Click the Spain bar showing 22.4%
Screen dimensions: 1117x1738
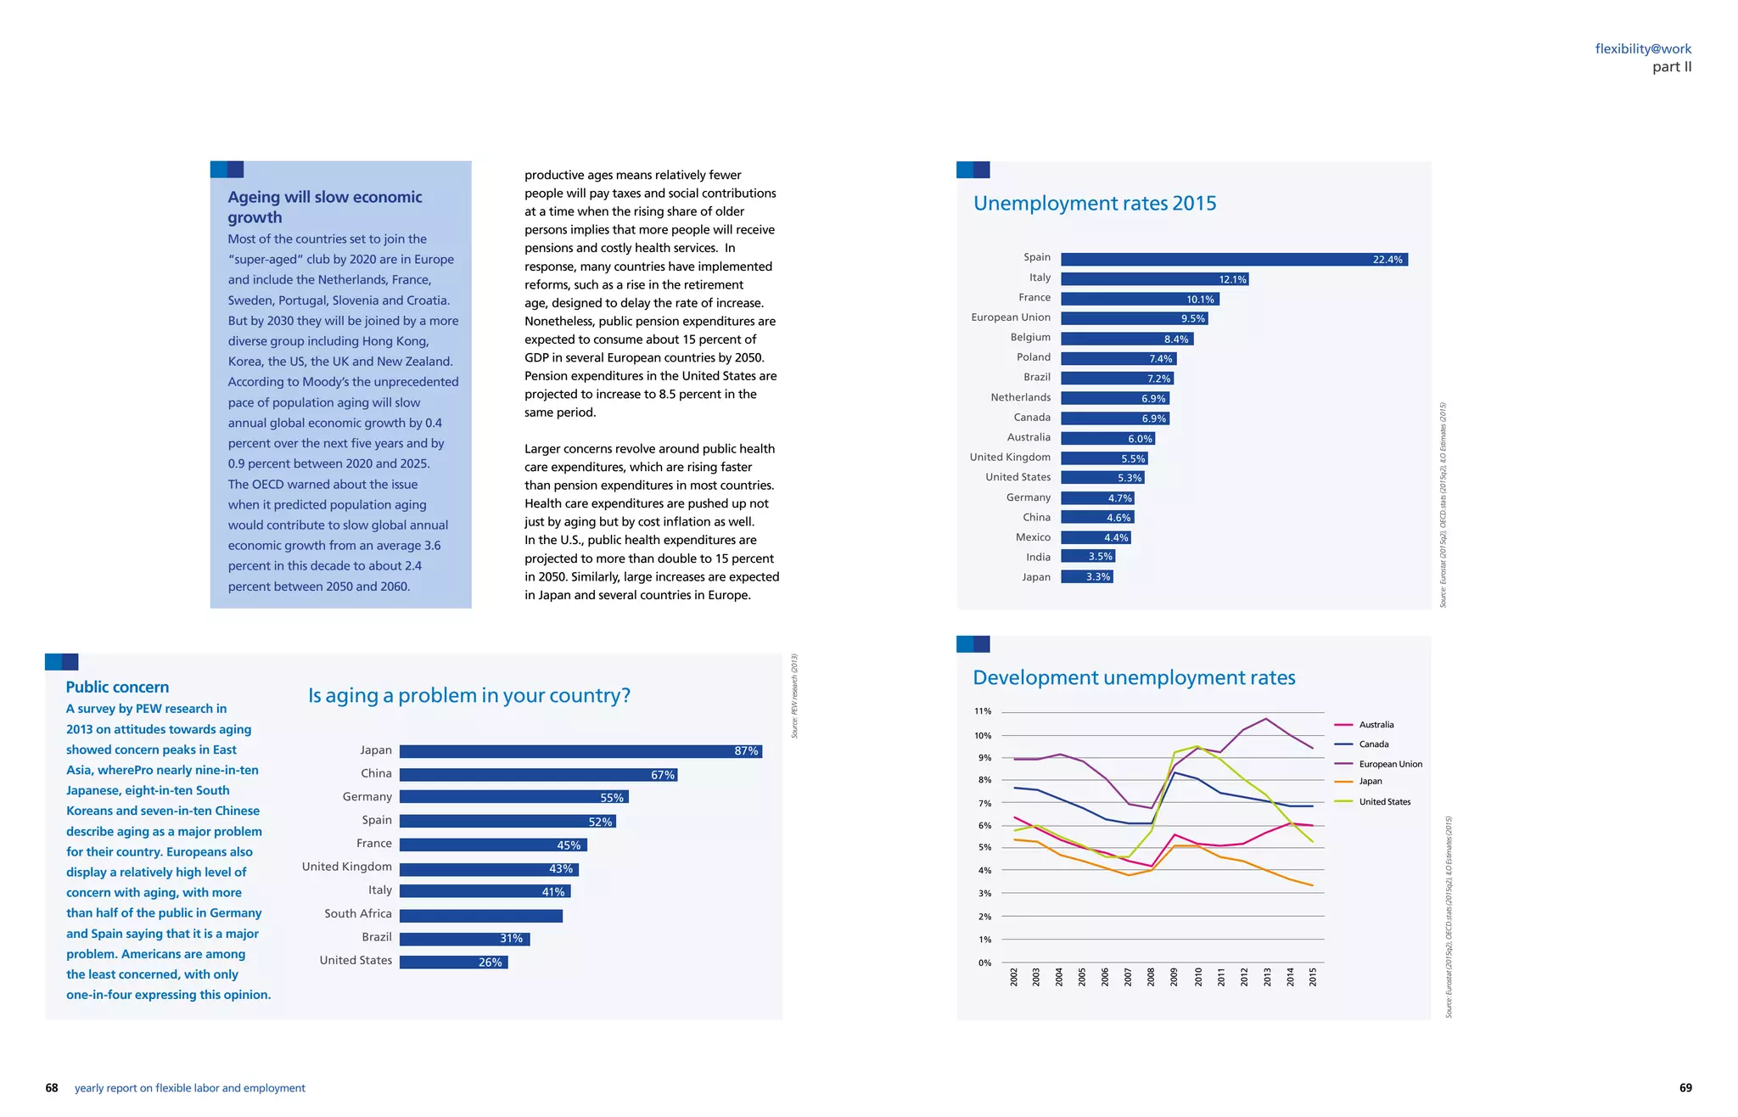pos(1233,260)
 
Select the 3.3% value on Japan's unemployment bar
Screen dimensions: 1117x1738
pos(1097,577)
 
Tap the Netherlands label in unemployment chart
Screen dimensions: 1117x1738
pos(1020,397)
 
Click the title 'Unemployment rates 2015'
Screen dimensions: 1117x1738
pos(1094,204)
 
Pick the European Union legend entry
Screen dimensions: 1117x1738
pos(1389,764)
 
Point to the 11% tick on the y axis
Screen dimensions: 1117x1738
pos(982,711)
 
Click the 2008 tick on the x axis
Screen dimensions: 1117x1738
pos(1151,977)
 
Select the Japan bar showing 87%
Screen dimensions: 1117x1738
pos(580,751)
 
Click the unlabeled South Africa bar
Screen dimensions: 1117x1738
pos(480,916)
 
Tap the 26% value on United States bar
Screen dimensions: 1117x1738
pos(490,963)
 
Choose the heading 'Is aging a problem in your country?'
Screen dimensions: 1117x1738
pos(468,696)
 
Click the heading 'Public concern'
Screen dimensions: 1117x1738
pos(117,688)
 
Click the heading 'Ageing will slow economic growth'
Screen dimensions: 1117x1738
pos(324,207)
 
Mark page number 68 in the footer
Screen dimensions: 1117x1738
pos(52,1088)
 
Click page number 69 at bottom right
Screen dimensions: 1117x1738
pos(1685,1088)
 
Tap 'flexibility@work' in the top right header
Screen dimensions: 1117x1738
pos(1642,49)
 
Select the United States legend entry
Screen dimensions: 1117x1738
pos(1384,802)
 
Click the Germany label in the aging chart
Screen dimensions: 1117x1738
pos(367,797)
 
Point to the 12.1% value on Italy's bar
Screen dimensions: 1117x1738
pos(1231,280)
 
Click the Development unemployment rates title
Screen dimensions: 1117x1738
pos(1133,678)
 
